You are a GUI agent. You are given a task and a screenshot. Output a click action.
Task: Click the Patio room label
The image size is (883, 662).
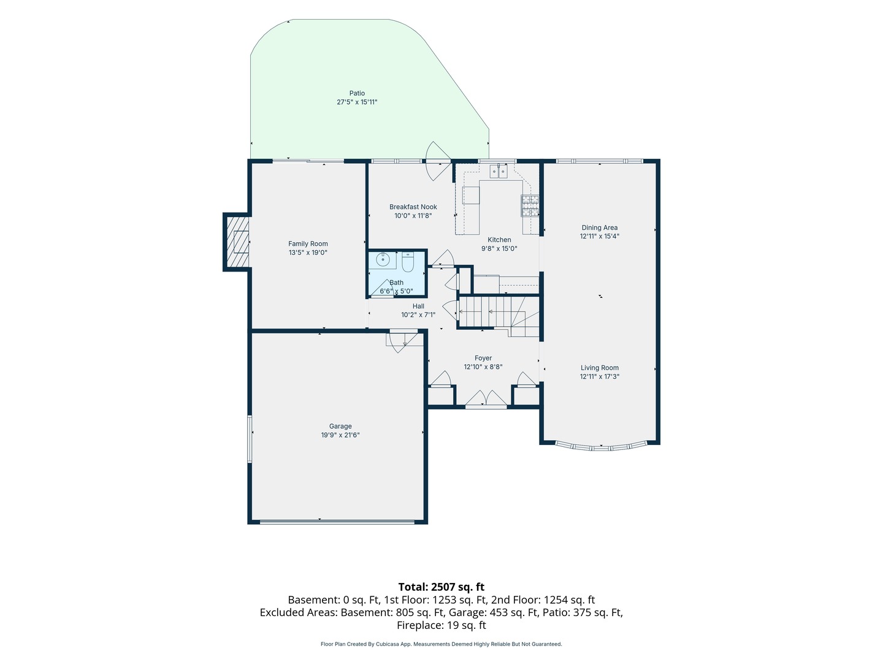tap(357, 93)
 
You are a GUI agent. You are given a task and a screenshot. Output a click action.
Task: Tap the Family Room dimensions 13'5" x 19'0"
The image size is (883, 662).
tap(308, 253)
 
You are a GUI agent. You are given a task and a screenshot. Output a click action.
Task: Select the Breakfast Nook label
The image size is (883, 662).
tap(413, 207)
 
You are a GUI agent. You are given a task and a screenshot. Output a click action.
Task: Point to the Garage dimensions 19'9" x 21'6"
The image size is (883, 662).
tap(340, 435)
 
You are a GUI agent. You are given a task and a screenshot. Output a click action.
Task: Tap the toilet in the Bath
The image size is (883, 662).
tap(408, 261)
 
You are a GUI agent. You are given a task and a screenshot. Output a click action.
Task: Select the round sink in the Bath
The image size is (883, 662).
tap(383, 260)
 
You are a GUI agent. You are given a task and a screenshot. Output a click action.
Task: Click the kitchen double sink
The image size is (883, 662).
tap(499, 171)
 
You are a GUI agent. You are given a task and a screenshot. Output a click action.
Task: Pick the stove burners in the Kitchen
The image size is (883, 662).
tap(530, 205)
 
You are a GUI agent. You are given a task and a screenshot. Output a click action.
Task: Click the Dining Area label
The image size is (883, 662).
tap(599, 227)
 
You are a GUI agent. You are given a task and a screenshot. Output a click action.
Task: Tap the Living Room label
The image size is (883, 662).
tap(599, 367)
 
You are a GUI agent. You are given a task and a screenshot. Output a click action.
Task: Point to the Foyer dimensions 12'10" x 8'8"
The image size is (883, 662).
tap(483, 367)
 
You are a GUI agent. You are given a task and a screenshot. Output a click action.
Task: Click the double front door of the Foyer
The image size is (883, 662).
tap(486, 398)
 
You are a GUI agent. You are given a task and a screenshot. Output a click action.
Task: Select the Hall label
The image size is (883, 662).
tap(418, 306)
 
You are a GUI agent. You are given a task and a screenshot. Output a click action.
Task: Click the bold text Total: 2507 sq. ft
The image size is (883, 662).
tap(442, 587)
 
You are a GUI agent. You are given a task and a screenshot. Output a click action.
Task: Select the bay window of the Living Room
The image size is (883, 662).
tap(601, 447)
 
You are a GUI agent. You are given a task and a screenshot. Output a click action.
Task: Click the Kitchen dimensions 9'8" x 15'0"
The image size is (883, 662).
tap(499, 248)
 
